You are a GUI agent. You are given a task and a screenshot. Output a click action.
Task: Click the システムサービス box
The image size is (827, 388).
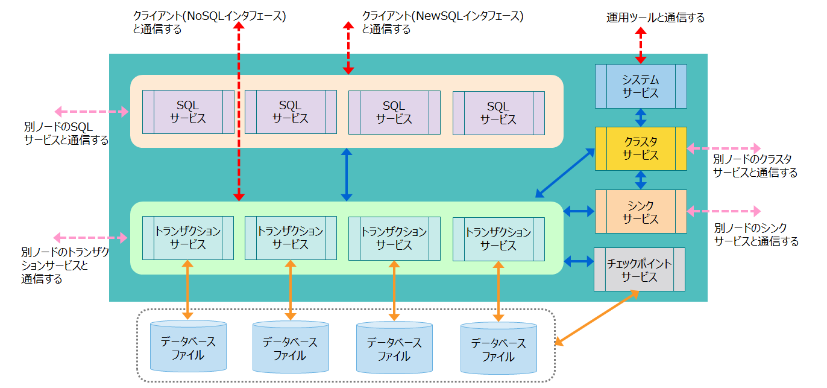(640, 86)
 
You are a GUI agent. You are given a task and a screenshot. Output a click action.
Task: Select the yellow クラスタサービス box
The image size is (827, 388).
(640, 148)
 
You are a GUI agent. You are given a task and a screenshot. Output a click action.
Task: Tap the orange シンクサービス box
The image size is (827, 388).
(640, 211)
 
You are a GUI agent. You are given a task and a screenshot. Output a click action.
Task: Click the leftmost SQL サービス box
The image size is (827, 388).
(188, 112)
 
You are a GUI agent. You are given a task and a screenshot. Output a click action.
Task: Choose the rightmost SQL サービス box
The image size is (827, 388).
(498, 113)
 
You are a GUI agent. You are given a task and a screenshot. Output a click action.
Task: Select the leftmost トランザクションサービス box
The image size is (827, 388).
(188, 238)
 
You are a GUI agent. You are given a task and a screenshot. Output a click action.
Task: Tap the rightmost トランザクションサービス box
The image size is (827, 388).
(498, 239)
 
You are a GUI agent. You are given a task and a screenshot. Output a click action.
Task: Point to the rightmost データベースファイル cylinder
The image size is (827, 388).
(498, 349)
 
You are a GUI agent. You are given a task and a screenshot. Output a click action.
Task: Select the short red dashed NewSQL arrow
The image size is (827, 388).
(348, 48)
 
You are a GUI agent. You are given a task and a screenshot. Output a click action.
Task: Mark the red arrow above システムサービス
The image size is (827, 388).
(640, 45)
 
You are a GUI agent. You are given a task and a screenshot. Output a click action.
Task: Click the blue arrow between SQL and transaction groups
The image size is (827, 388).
(346, 174)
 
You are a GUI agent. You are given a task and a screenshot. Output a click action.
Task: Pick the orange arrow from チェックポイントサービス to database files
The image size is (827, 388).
(597, 318)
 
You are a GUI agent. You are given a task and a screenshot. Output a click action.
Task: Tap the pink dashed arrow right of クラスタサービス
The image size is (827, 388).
(723, 148)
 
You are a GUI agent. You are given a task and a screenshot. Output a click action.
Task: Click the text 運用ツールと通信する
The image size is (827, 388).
(655, 17)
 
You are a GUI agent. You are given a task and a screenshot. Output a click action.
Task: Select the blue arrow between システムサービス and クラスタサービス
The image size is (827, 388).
(640, 118)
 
